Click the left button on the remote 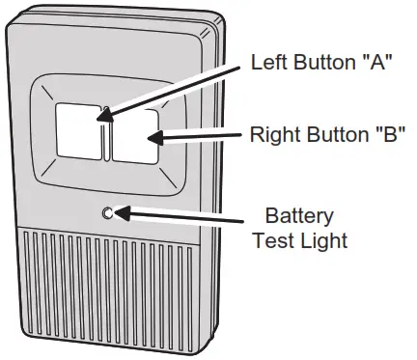tap(77, 131)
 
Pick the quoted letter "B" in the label tap(386, 135)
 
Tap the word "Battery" tap(299, 215)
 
